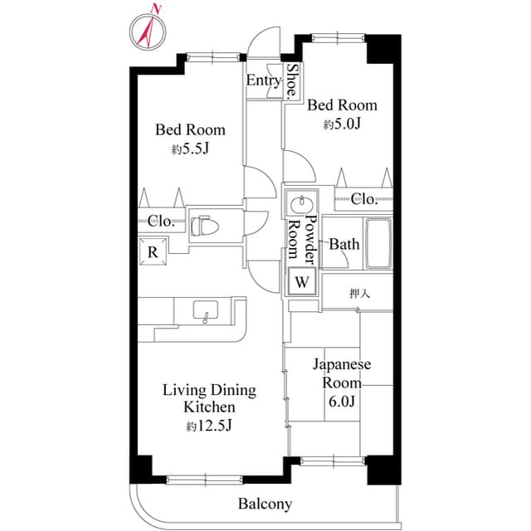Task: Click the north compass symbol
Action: click(x=148, y=32)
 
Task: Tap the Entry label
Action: click(x=264, y=80)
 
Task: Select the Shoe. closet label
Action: click(x=292, y=81)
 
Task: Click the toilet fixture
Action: click(x=205, y=226)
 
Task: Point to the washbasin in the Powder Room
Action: click(x=301, y=204)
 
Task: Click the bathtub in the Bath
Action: click(x=378, y=243)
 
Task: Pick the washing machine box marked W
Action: click(x=302, y=281)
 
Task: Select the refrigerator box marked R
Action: click(x=153, y=251)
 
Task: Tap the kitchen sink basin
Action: click(x=206, y=309)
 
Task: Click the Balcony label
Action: click(x=265, y=504)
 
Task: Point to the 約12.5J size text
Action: click(x=209, y=426)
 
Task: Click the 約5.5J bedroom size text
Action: click(x=190, y=149)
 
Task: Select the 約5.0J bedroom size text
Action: click(x=342, y=124)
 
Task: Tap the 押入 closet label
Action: click(x=359, y=293)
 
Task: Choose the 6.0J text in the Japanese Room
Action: click(x=342, y=402)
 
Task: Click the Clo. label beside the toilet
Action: click(x=161, y=222)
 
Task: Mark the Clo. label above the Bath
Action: click(x=364, y=199)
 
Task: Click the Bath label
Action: click(x=344, y=244)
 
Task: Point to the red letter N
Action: click(x=156, y=9)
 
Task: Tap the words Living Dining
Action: click(x=209, y=391)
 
